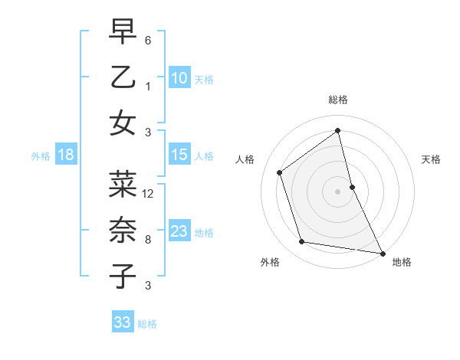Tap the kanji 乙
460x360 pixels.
123,77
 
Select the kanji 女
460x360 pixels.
123,123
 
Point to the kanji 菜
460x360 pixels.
123,183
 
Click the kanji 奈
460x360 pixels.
123,229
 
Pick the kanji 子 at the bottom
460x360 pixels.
123,276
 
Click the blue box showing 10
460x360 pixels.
179,78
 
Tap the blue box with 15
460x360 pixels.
179,155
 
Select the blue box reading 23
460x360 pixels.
179,231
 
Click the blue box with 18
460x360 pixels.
65,155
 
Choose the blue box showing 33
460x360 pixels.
122,322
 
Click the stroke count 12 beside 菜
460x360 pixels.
149,193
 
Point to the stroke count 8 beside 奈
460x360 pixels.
148,240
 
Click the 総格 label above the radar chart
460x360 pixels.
338,100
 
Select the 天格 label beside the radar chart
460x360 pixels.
432,159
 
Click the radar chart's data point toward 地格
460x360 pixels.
382,252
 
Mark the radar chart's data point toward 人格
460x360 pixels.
280,172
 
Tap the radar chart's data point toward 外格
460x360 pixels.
302,242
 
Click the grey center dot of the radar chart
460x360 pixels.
338,191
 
